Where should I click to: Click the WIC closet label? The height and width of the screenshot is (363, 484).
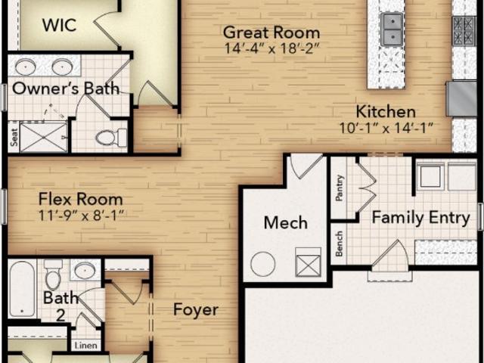pyautogui.click(x=59, y=25)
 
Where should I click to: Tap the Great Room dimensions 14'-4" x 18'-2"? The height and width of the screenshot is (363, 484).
pyautogui.click(x=271, y=48)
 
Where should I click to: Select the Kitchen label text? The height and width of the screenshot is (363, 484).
pyautogui.click(x=386, y=112)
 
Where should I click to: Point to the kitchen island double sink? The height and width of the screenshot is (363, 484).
pyautogui.click(x=392, y=29)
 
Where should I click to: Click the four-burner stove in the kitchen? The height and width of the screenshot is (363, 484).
pyautogui.click(x=464, y=31)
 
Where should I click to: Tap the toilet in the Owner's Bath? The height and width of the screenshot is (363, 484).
pyautogui.click(x=111, y=138)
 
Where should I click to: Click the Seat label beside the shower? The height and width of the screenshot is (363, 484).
pyautogui.click(x=14, y=137)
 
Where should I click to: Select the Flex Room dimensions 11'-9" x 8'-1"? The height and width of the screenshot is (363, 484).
pyautogui.click(x=81, y=216)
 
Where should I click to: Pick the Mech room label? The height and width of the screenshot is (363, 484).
pyautogui.click(x=286, y=223)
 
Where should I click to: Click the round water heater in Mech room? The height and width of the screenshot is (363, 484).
pyautogui.click(x=262, y=264)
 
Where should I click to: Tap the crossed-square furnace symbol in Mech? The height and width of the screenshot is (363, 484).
pyautogui.click(x=308, y=262)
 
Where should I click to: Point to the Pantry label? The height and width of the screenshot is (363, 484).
pyautogui.click(x=340, y=188)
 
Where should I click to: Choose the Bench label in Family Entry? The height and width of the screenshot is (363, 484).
pyautogui.click(x=340, y=244)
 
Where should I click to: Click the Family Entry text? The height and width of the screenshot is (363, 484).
pyautogui.click(x=420, y=218)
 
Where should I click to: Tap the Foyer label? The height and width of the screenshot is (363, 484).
pyautogui.click(x=196, y=309)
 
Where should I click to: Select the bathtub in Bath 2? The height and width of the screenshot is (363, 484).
pyautogui.click(x=22, y=289)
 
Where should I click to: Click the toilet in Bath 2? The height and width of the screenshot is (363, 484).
pyautogui.click(x=53, y=275)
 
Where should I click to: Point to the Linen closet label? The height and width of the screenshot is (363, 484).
pyautogui.click(x=85, y=346)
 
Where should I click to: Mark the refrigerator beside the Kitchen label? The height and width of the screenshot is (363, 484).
pyautogui.click(x=462, y=99)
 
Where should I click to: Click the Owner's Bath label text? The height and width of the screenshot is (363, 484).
pyautogui.click(x=66, y=88)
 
